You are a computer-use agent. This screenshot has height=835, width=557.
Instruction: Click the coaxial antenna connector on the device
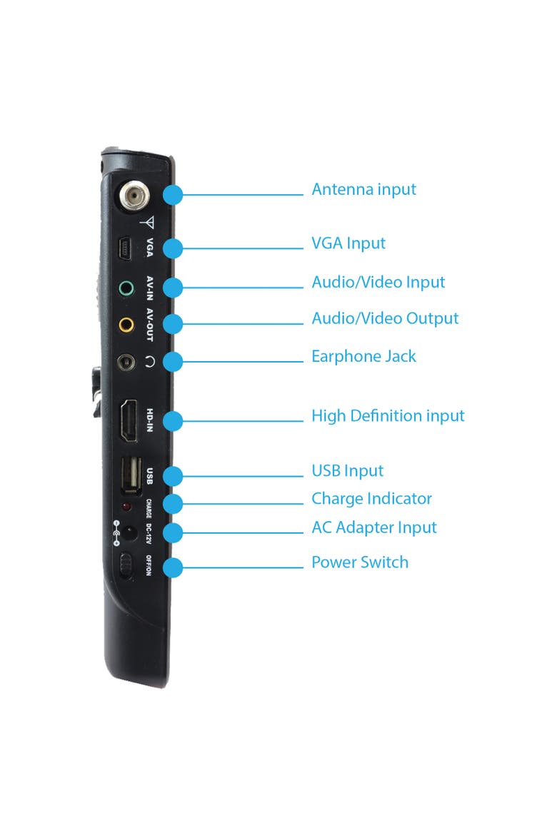(x=134, y=197)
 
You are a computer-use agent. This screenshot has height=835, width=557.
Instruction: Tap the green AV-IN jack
(x=126, y=288)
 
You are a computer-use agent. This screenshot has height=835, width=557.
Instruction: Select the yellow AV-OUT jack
(x=126, y=324)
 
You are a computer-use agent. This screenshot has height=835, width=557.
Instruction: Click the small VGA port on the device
(x=125, y=248)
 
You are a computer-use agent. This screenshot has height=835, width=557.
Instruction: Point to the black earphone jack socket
(x=126, y=363)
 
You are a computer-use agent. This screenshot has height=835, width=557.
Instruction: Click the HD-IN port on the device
(x=128, y=420)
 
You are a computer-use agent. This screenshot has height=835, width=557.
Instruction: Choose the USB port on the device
(x=131, y=475)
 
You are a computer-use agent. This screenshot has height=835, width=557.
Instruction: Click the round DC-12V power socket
(x=129, y=532)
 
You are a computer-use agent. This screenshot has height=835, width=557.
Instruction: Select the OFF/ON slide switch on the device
(x=126, y=566)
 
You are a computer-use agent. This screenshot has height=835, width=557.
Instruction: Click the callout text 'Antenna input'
(x=363, y=190)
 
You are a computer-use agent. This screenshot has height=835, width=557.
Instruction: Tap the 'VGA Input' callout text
(x=348, y=243)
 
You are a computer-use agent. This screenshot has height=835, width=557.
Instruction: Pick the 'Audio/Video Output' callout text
(x=385, y=318)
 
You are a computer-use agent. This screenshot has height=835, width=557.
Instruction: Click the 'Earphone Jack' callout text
(x=363, y=356)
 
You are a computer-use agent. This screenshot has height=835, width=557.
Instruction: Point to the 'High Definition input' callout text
(x=388, y=416)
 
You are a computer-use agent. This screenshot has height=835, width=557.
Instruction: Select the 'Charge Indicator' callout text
(x=371, y=498)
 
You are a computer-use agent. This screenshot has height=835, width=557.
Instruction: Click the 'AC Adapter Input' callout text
(x=373, y=527)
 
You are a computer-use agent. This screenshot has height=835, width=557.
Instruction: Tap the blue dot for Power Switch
(x=172, y=567)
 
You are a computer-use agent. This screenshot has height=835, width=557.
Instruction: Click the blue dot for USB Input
(x=172, y=476)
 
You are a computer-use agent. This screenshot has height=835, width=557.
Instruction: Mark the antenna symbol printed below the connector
(x=148, y=222)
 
